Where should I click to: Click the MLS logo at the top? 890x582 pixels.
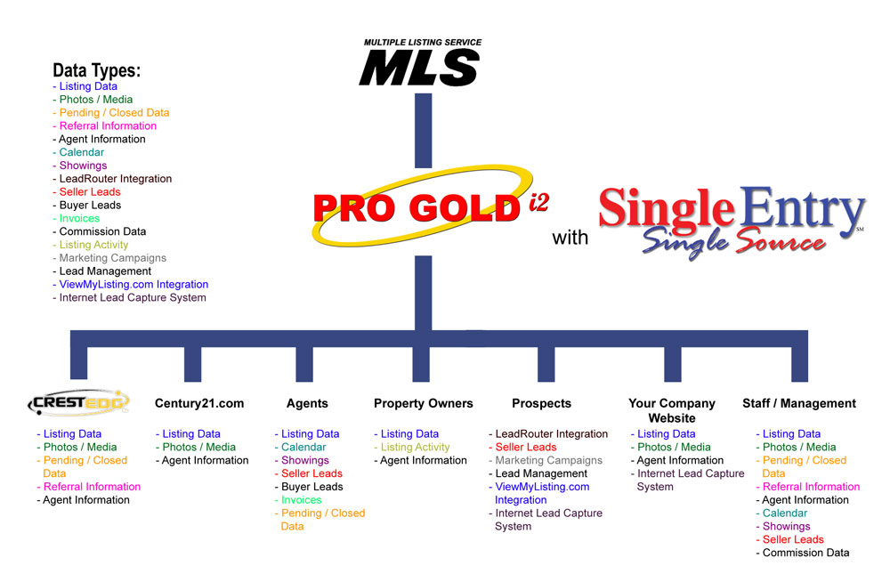(x=420, y=62)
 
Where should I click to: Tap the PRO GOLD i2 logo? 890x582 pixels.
(x=430, y=206)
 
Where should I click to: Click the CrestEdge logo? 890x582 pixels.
(x=78, y=402)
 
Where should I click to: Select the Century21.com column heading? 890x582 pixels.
(x=199, y=404)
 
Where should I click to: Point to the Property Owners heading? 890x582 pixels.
(x=424, y=404)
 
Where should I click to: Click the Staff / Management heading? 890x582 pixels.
(x=799, y=404)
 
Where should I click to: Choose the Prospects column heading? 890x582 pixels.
(x=541, y=404)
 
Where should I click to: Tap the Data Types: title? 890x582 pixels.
(x=96, y=70)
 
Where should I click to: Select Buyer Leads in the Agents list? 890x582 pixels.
(x=309, y=487)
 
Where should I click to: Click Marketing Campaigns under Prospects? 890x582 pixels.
(x=546, y=460)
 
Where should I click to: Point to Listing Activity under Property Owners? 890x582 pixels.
(x=411, y=448)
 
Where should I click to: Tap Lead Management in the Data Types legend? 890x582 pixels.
(x=102, y=271)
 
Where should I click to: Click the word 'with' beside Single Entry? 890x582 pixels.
(x=570, y=238)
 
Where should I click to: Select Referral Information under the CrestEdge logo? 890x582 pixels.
(x=88, y=487)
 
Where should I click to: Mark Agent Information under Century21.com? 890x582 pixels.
(x=202, y=460)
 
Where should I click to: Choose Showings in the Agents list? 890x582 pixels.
(x=302, y=460)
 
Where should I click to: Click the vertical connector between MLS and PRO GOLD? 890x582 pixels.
(x=423, y=131)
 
